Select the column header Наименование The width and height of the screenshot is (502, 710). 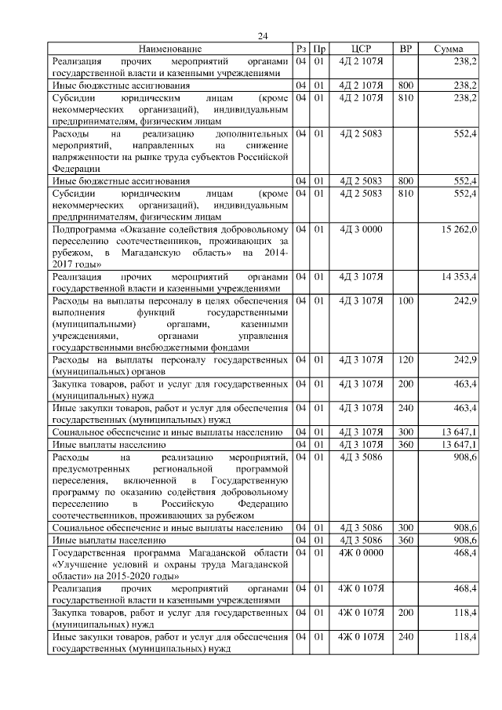pos(170,49)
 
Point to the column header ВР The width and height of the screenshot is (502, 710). pos(406,49)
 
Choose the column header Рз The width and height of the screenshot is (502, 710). pos(301,49)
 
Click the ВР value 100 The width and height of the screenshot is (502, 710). pos(406,301)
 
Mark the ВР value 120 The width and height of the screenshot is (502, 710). pos(406,359)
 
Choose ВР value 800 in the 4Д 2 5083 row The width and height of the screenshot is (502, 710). pos(406,181)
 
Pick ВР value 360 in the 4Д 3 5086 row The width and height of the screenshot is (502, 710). pos(406,541)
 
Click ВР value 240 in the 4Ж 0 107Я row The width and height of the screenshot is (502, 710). pos(406,636)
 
